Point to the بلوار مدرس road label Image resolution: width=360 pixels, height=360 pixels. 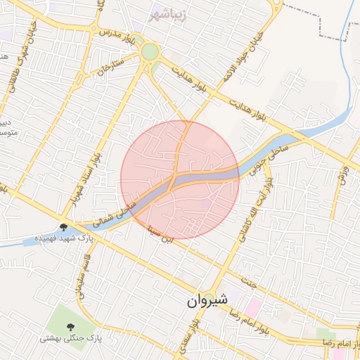coord(116,33)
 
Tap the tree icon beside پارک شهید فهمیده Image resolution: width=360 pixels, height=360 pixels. coord(64,227)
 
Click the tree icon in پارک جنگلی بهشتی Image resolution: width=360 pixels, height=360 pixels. coord(70,326)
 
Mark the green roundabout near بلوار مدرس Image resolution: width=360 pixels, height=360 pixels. coord(149,53)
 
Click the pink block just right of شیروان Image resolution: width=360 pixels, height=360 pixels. coord(252,307)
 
